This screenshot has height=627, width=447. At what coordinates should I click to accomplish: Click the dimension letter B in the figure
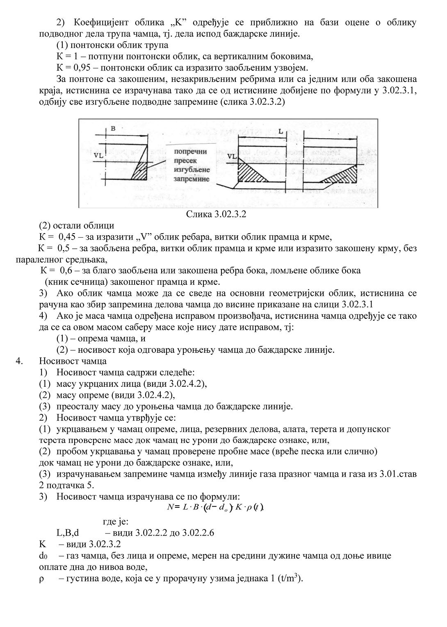point(113,128)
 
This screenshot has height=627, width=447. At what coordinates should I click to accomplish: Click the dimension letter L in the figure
point(280,132)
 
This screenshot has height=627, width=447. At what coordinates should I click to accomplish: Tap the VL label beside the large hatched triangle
point(232,156)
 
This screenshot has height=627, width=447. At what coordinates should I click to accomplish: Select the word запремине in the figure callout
point(192,179)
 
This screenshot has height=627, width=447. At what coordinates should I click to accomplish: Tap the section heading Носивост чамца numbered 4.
point(73,361)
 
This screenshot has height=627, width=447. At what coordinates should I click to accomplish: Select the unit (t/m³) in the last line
point(290,579)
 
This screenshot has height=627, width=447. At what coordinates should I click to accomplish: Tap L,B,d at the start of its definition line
point(67,533)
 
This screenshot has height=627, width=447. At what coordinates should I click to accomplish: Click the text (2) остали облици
point(76,225)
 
